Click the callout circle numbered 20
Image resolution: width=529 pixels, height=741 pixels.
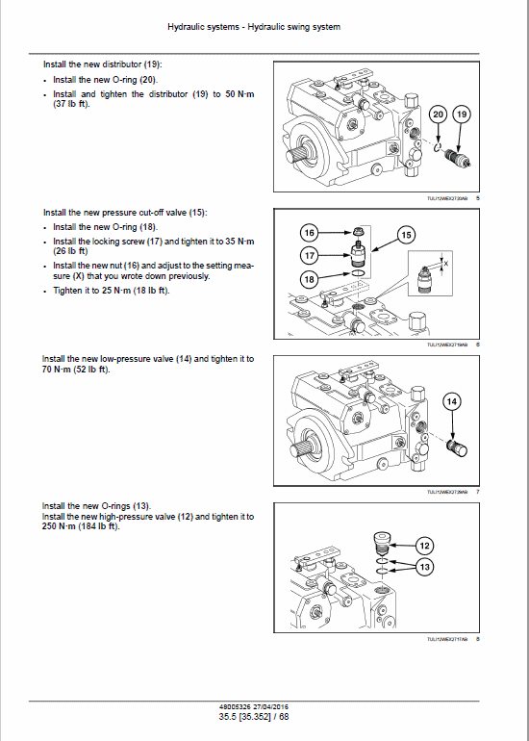coord(439,115)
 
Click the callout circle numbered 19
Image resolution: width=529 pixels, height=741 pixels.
coord(462,115)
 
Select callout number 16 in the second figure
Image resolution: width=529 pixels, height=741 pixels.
coord(309,233)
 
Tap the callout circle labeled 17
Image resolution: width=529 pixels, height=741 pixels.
coord(309,255)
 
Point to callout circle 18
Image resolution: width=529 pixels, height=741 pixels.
coord(309,278)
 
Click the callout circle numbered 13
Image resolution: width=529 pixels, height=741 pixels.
coord(424,568)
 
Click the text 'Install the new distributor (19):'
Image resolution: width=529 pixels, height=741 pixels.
coord(103,64)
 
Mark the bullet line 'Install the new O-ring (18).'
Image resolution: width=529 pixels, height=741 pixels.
coord(106,227)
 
